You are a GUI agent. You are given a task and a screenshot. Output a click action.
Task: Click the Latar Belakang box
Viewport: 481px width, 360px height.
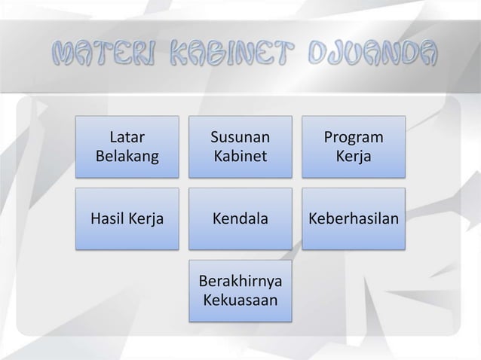pos(127,147)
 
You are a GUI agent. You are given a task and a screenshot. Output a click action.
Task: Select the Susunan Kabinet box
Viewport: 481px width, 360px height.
pos(240,147)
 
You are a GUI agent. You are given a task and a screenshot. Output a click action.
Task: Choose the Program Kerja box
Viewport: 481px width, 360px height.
pos(354,147)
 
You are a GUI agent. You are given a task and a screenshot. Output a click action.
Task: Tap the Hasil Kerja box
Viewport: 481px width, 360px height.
pos(127,219)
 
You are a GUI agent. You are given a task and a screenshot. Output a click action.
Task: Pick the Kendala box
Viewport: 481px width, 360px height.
pos(240,219)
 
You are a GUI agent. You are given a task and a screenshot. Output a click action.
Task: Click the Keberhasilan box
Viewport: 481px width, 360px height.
pos(354,219)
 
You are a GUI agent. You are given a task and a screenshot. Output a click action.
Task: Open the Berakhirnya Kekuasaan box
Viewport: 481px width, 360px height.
pos(240,291)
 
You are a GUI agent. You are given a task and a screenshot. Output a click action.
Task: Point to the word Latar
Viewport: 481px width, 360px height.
pos(127,138)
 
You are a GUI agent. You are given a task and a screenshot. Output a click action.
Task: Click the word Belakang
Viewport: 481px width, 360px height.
pos(127,157)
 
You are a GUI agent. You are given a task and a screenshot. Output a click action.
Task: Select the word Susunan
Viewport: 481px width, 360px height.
pos(240,138)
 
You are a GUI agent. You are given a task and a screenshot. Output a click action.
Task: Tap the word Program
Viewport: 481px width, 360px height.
pos(354,138)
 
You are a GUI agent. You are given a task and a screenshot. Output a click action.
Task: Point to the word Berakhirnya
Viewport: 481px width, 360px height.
pos(240,282)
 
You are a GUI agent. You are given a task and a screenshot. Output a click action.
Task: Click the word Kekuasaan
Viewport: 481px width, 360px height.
pos(240,301)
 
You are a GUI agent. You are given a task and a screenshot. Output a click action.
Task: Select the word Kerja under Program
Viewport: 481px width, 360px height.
pos(354,157)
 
